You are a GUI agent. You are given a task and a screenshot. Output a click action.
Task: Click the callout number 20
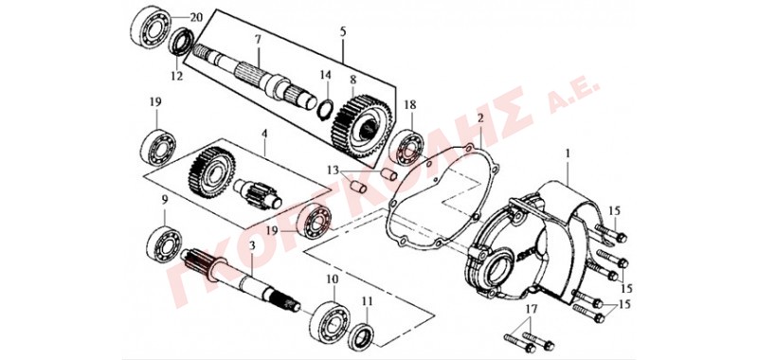[195, 17]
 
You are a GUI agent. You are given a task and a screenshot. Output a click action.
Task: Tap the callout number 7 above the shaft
[258, 39]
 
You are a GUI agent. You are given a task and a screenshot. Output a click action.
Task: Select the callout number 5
[343, 32]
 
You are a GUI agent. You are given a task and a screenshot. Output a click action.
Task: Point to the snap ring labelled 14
[326, 107]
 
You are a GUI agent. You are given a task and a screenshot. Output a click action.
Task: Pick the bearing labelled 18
[407, 148]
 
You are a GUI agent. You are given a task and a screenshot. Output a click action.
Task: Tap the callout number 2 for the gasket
[480, 118]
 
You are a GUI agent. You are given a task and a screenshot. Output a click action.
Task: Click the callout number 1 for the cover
[568, 154]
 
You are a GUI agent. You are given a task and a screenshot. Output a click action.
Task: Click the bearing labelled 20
[151, 27]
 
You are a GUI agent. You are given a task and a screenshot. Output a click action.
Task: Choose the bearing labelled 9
[164, 244]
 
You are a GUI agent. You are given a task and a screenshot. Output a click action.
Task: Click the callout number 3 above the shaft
[251, 246]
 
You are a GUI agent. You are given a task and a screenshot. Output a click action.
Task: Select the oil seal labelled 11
[361, 333]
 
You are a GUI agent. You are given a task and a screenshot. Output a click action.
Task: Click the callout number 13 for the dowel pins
[334, 171]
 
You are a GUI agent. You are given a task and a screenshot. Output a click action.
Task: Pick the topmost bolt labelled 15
[611, 233]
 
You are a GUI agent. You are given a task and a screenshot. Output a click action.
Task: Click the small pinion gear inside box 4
[257, 193]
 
